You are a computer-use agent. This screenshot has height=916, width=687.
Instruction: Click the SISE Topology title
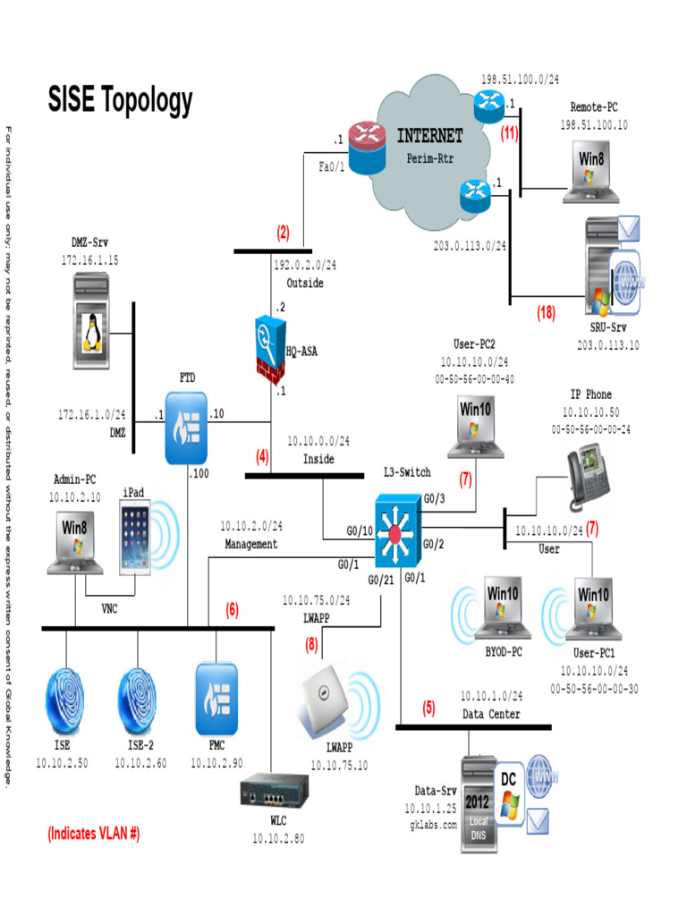[120, 100]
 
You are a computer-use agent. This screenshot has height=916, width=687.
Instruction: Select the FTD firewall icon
[186, 427]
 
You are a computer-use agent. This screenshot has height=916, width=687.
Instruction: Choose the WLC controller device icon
[273, 793]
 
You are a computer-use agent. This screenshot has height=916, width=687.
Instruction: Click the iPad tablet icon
[136, 538]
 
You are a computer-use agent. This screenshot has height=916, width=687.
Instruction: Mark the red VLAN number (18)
[547, 313]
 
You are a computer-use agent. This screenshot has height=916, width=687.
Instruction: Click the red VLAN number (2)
[283, 233]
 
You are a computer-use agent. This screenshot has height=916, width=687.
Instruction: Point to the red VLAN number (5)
[429, 708]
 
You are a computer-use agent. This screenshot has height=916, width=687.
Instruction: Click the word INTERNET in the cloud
[429, 136]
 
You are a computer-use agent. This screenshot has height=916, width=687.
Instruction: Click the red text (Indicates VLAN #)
[94, 834]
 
